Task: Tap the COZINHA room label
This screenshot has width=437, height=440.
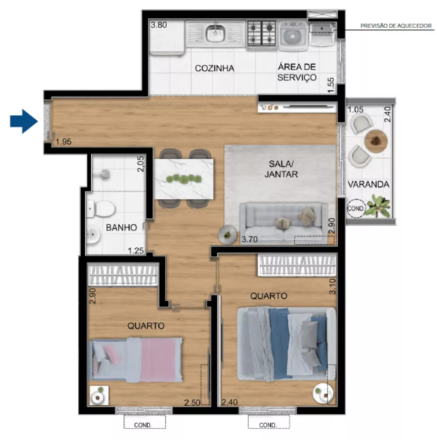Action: [214, 68]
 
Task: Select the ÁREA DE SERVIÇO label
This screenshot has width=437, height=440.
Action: [297, 72]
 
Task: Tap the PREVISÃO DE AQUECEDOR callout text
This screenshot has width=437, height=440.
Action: [396, 26]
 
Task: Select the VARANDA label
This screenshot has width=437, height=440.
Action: [368, 184]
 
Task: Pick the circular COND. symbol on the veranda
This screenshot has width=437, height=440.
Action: [355, 208]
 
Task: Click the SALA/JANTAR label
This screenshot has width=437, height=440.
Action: [281, 169]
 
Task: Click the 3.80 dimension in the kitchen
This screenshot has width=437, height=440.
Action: [159, 25]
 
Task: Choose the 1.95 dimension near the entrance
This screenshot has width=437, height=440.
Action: [63, 142]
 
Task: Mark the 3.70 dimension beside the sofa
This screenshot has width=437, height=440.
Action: [249, 240]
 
